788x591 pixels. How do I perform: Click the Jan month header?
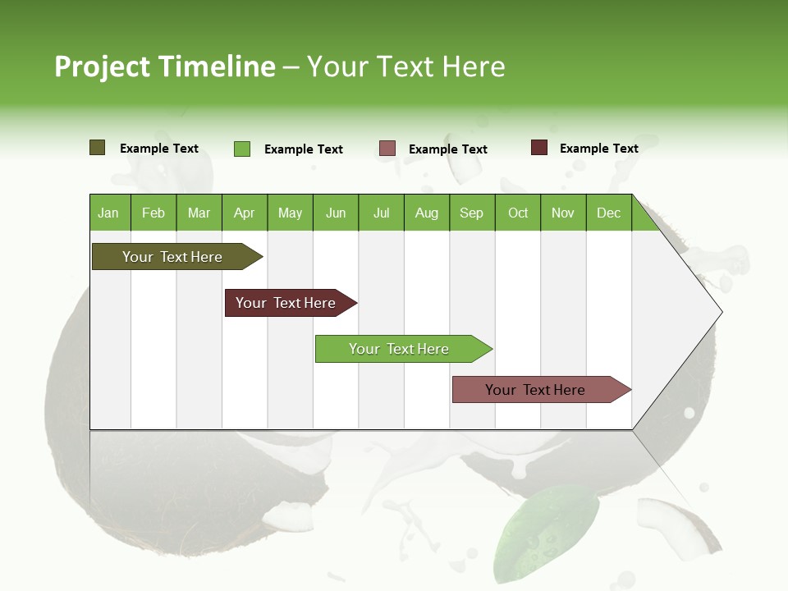click(108, 213)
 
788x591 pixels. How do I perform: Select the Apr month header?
click(245, 213)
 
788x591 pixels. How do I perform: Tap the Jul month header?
click(381, 213)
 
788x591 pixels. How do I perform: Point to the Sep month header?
click(471, 213)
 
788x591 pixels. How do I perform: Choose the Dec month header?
click(608, 213)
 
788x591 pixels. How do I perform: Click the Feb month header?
click(153, 213)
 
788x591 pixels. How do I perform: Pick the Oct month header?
click(518, 213)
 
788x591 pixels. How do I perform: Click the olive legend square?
click(98, 148)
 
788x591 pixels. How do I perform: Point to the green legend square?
click(242, 149)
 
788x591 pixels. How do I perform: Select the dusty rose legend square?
click(387, 149)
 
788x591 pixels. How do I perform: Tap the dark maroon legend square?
click(539, 148)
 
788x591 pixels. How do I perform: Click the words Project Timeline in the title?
click(165, 66)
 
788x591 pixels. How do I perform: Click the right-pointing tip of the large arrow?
click(720, 312)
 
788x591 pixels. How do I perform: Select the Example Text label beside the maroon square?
click(598, 149)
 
